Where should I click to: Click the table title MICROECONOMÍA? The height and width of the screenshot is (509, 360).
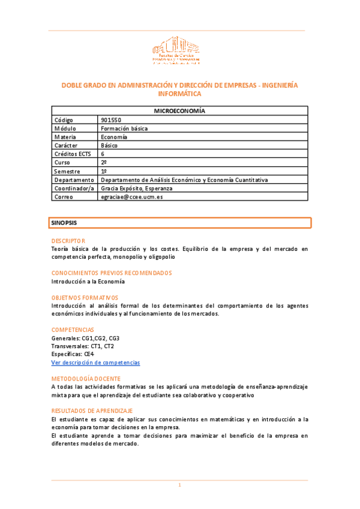tap(180, 111)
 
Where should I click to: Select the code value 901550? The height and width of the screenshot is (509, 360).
tap(111, 120)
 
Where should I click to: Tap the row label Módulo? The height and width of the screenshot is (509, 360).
tap(66, 128)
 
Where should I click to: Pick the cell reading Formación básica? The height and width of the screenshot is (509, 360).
tap(124, 128)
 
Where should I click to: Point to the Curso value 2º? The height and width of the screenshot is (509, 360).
tap(104, 163)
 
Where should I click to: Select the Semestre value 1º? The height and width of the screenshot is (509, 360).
tap(104, 172)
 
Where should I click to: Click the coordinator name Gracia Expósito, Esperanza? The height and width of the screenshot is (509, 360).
tap(137, 188)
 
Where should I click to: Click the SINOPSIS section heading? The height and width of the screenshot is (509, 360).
tap(64, 223)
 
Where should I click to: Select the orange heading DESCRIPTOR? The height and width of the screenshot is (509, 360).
tap(68, 240)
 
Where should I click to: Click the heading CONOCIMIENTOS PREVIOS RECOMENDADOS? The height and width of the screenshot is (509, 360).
tap(111, 273)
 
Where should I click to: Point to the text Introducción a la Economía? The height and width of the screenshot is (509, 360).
tap(88, 281)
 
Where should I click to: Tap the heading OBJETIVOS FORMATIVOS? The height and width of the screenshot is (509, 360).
tap(85, 298)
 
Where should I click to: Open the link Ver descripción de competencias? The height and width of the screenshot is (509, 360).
tap(95, 363)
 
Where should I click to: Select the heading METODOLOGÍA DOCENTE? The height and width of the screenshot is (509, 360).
tap(86, 379)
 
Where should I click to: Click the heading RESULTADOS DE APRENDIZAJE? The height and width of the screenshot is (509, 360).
tap(92, 411)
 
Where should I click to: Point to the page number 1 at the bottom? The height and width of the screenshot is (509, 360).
tap(179, 485)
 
